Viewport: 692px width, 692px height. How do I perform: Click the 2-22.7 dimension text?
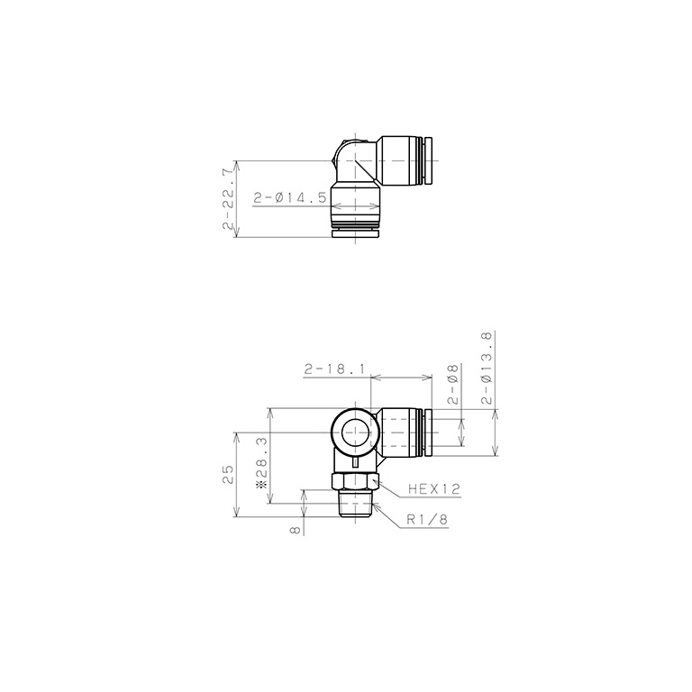[227, 198]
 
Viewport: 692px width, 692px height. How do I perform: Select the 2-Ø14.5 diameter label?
[289, 197]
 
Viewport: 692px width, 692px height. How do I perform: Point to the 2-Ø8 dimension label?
[453, 386]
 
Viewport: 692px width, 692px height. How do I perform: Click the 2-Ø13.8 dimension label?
[487, 369]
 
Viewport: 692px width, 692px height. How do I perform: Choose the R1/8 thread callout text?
[426, 518]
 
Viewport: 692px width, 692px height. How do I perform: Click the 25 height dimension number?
[227, 473]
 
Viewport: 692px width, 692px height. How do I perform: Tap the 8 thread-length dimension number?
[294, 531]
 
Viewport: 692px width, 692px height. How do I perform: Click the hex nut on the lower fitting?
[356, 481]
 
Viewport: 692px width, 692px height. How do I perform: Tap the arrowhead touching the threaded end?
[377, 507]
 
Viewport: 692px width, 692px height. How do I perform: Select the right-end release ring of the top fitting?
[429, 162]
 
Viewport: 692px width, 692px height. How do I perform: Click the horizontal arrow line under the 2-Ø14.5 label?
[356, 207]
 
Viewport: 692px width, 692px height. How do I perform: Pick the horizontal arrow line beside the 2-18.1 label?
[401, 378]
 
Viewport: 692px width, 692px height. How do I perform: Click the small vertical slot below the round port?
[356, 461]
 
